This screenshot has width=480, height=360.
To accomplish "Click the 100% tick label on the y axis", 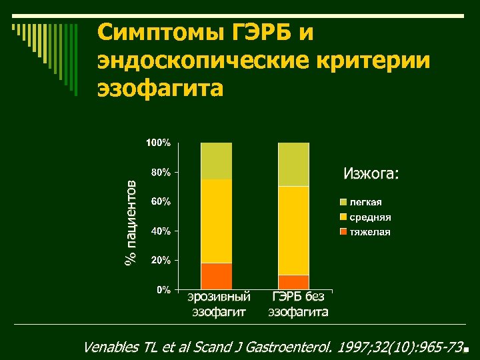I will pyautogui.click(x=158, y=143).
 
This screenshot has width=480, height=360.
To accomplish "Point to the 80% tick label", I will pyautogui.click(x=160, y=172).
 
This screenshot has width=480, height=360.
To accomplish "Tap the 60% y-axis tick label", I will pyautogui.click(x=160, y=201).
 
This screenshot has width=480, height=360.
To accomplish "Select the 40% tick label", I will pyautogui.click(x=160, y=231).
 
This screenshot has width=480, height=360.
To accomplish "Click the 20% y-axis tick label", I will pyautogui.click(x=160, y=260).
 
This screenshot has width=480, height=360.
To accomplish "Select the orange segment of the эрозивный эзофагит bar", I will pyautogui.click(x=216, y=276).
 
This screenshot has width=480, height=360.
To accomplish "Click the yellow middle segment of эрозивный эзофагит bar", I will pyautogui.click(x=216, y=221).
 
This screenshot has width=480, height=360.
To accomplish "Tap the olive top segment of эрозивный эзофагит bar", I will pyautogui.click(x=216, y=161).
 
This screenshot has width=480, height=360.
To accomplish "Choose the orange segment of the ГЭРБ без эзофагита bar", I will pyautogui.click(x=293, y=282).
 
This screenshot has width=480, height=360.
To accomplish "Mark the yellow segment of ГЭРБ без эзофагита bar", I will pyautogui.click(x=293, y=230).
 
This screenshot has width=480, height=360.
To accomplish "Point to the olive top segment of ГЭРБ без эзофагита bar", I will pyautogui.click(x=293, y=164).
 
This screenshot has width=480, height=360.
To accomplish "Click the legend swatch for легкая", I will pyautogui.click(x=343, y=202).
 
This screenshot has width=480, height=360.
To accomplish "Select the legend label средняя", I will pyautogui.click(x=371, y=217).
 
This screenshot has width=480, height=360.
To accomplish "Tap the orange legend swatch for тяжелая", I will pyautogui.click(x=343, y=232).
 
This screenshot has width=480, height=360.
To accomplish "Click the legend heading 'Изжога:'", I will pyautogui.click(x=371, y=174).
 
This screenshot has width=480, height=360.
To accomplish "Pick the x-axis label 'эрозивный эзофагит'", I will pyautogui.click(x=219, y=303).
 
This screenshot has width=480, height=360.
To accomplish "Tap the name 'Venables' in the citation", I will pyautogui.click(x=111, y=347).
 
